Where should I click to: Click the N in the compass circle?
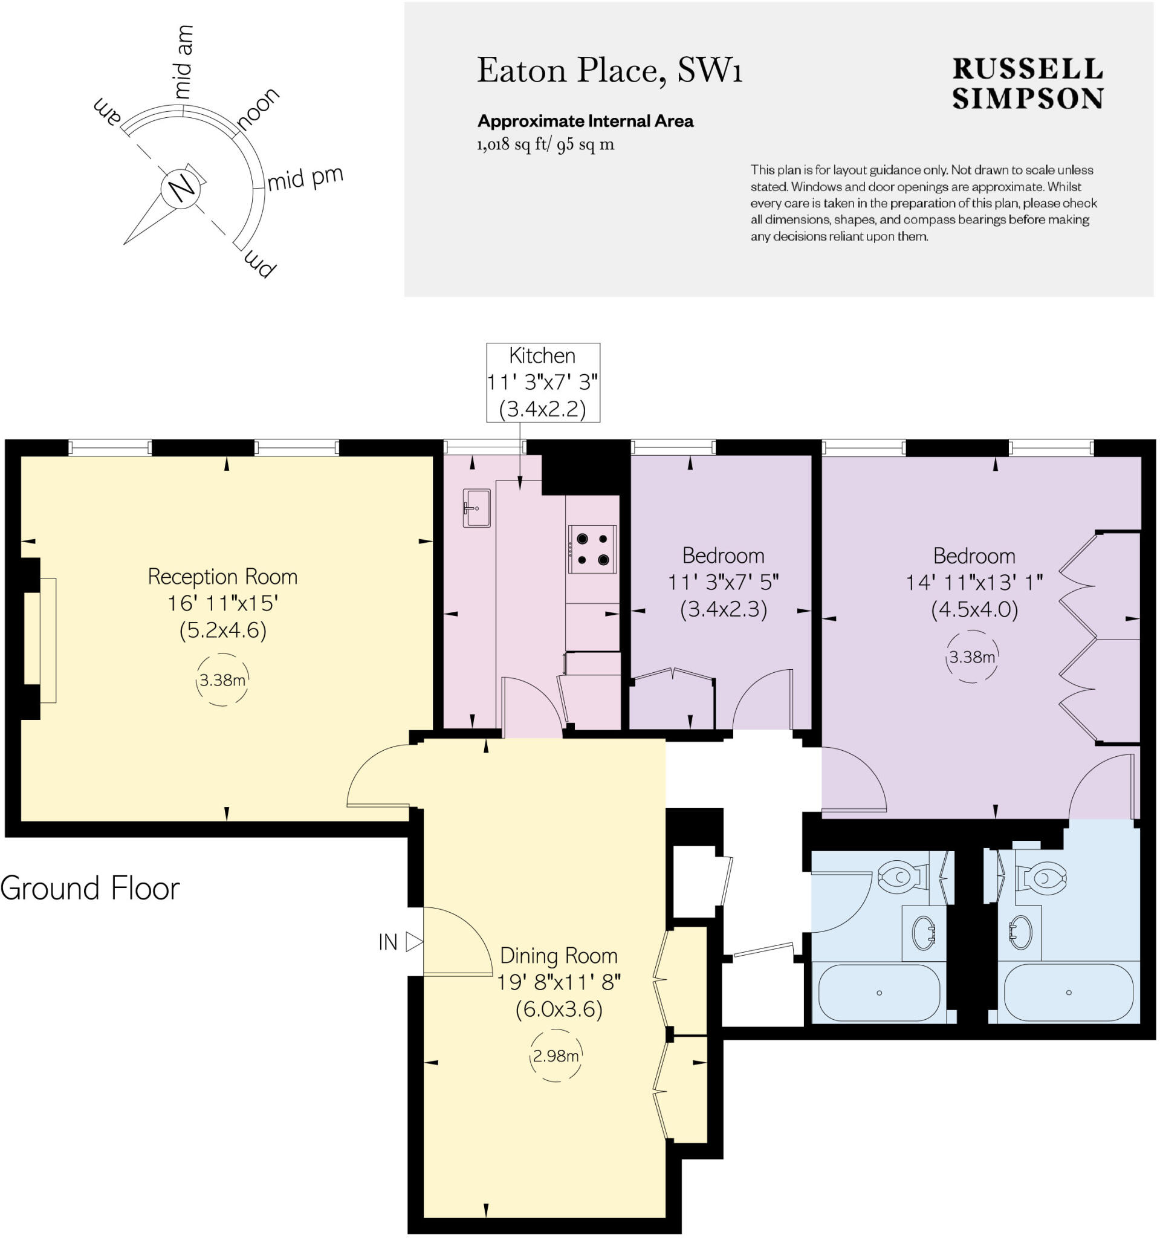182,188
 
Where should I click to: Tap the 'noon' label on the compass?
258,108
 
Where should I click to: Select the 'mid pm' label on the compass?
305,179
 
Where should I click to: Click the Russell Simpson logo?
1027,84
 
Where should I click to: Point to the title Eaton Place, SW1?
609,70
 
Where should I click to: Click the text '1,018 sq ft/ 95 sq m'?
545,145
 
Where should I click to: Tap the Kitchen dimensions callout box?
542,383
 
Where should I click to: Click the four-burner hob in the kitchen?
592,549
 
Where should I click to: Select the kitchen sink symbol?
476,508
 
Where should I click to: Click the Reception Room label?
222,577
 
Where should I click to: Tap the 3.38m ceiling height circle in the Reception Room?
222,680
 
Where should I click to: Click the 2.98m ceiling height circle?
556,1055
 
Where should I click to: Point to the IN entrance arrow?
413,942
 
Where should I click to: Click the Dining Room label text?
559,955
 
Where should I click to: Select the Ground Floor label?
90,888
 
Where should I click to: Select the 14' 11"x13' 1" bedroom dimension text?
974,582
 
